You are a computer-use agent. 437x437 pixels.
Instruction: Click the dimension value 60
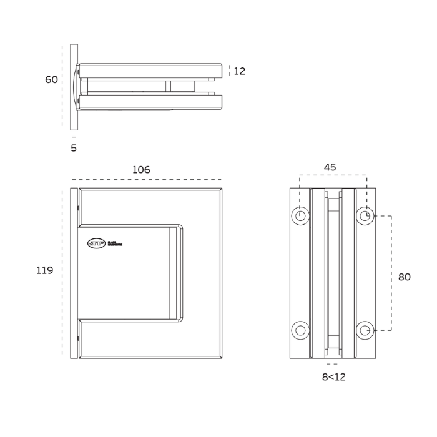[x=51, y=80]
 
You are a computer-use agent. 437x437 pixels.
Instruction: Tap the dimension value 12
[x=240, y=71]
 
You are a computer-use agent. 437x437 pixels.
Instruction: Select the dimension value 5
[x=74, y=148]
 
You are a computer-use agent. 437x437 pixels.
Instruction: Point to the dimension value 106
[x=141, y=170]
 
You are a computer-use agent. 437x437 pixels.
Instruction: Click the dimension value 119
[x=44, y=270]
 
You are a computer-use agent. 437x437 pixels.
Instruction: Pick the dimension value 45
[x=330, y=167]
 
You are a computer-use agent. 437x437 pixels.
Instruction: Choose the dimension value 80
[x=405, y=277]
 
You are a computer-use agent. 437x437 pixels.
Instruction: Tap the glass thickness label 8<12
[x=333, y=376]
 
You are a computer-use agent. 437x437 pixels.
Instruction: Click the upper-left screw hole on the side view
[x=301, y=216]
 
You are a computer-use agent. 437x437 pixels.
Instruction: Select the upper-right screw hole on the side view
[x=365, y=216]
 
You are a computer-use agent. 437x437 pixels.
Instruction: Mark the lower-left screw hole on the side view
[x=301, y=330]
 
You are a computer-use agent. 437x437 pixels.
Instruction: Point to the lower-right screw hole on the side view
[x=365, y=330]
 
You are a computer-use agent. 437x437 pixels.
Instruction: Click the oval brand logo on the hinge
[x=96, y=243]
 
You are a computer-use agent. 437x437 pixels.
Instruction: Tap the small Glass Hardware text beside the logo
[x=115, y=243]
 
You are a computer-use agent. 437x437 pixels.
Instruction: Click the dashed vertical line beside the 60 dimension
[x=62, y=86]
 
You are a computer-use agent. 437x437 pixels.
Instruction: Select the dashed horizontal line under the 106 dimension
[x=146, y=180]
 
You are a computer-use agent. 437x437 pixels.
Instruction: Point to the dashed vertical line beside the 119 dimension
[x=62, y=272]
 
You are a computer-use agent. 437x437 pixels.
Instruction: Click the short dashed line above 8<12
[x=332, y=364]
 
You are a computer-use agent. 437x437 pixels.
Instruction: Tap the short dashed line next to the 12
[x=230, y=71]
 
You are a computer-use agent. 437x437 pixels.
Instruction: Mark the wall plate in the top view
[x=74, y=87]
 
